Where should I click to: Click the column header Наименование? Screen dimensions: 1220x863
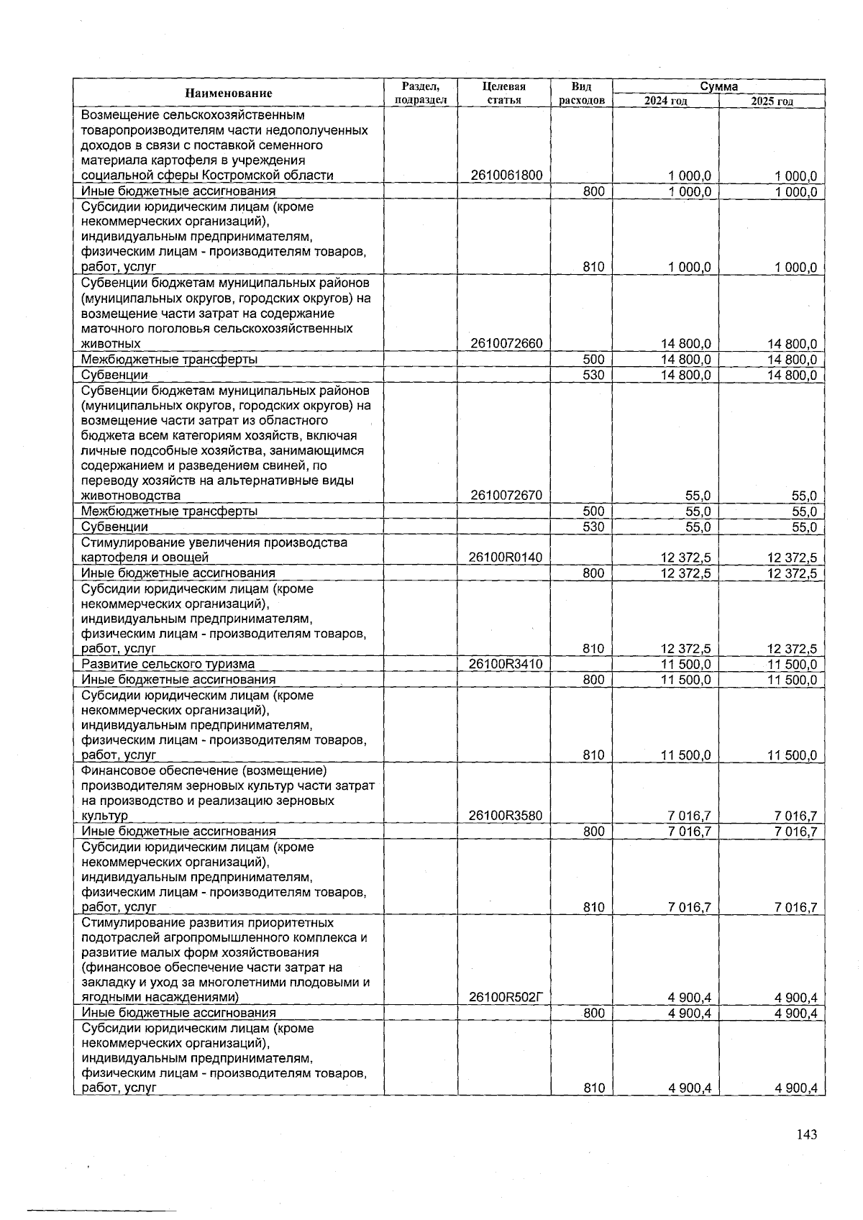[229, 93]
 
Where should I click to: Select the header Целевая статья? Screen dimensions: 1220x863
[503, 93]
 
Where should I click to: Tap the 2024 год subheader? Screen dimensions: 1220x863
[665, 101]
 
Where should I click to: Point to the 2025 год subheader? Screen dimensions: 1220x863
[772, 101]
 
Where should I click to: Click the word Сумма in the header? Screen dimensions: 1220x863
[718, 86]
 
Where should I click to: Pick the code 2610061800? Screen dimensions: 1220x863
[506, 176]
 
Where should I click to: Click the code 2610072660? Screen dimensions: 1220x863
[506, 344]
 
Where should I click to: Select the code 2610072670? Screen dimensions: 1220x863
[506, 496]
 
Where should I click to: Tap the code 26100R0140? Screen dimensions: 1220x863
[506, 557]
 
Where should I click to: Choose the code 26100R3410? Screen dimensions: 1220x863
[506, 664]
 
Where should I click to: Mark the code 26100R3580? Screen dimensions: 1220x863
[506, 816]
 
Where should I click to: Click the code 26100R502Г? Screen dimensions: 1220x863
[506, 998]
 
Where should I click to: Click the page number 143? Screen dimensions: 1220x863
[807, 1134]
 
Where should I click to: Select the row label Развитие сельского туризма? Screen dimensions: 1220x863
[168, 664]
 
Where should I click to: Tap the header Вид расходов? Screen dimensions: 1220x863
[581, 93]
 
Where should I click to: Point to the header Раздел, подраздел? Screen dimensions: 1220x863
[421, 93]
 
